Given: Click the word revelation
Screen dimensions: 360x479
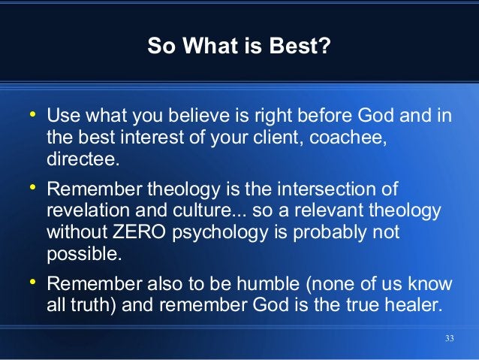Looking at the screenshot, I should point(86,210).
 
